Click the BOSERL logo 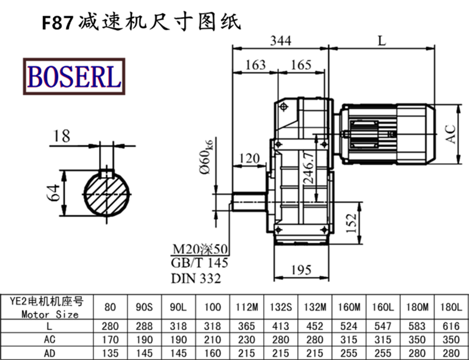pyautogui.click(x=73, y=76)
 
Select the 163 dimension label pyautogui.click(x=255, y=64)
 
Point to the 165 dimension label pyautogui.click(x=301, y=64)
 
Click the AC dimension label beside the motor pyautogui.click(x=451, y=134)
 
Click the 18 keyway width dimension pyautogui.click(x=61, y=136)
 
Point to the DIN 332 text pyautogui.click(x=196, y=279)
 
